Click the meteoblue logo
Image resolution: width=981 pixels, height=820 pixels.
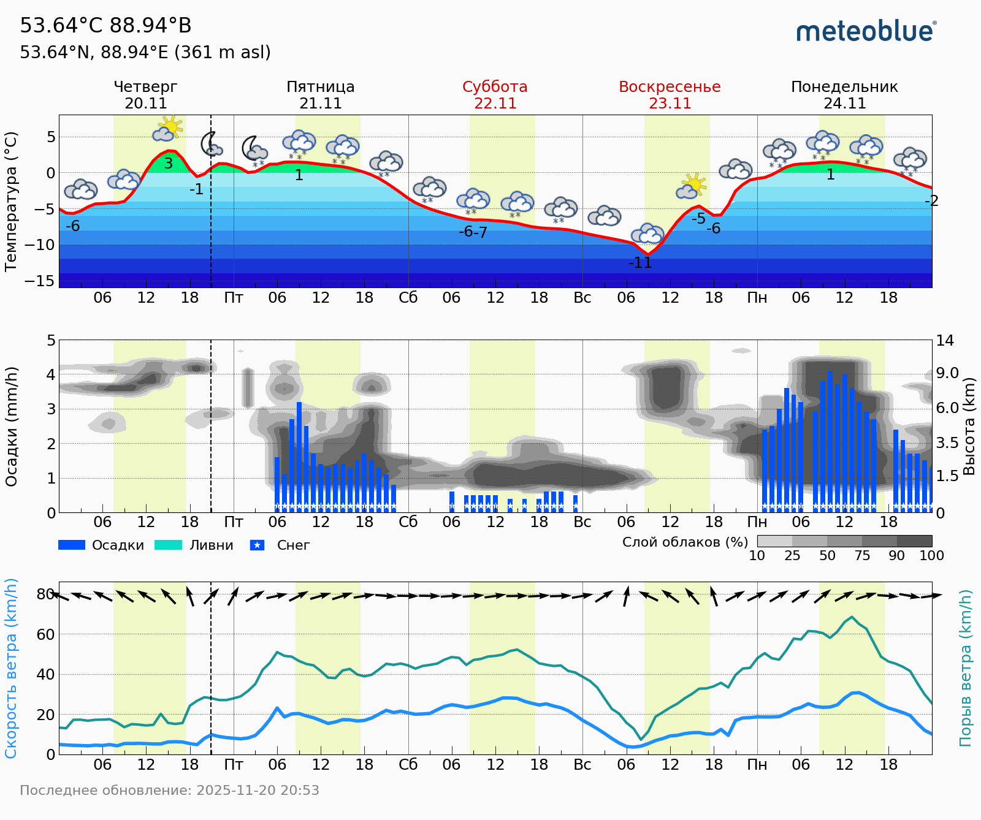click(x=866, y=31)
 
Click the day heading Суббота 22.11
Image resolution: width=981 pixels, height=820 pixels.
click(x=495, y=95)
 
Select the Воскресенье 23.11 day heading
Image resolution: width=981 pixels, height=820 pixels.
click(x=670, y=95)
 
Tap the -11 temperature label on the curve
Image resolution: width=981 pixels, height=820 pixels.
click(x=640, y=263)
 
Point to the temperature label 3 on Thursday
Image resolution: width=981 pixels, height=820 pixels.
click(x=169, y=164)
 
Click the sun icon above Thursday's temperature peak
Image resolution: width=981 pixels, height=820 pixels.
click(x=169, y=126)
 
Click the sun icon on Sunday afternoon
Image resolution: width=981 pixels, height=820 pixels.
click(x=693, y=184)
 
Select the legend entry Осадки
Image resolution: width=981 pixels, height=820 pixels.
click(x=102, y=545)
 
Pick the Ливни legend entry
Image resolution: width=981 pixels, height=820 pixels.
click(x=194, y=545)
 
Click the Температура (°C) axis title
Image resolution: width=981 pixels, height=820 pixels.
click(x=10, y=202)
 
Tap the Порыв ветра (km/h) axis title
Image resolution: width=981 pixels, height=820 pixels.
click(x=966, y=668)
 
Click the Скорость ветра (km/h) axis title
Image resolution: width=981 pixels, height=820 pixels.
click(x=10, y=668)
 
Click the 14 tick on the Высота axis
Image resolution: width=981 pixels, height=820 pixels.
click(x=944, y=341)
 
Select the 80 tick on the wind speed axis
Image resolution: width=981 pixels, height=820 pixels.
click(x=45, y=594)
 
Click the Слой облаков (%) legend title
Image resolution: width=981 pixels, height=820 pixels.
click(x=685, y=542)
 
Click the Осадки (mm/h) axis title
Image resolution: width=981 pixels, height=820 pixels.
click(x=10, y=427)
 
